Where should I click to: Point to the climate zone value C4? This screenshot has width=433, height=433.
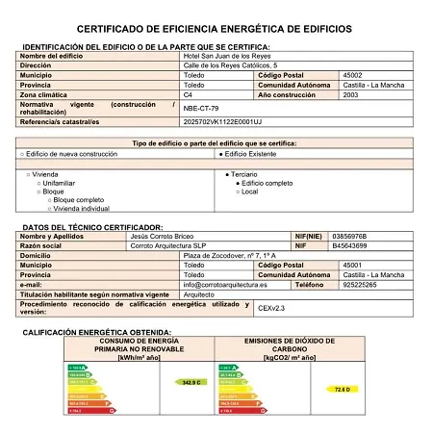pyautogui.click(x=188, y=95)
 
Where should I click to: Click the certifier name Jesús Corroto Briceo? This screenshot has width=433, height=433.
pyautogui.click(x=163, y=236)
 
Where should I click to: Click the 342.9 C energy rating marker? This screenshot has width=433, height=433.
pyautogui.click(x=190, y=382)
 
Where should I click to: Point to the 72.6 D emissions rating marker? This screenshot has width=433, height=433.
pyautogui.click(x=340, y=389)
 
